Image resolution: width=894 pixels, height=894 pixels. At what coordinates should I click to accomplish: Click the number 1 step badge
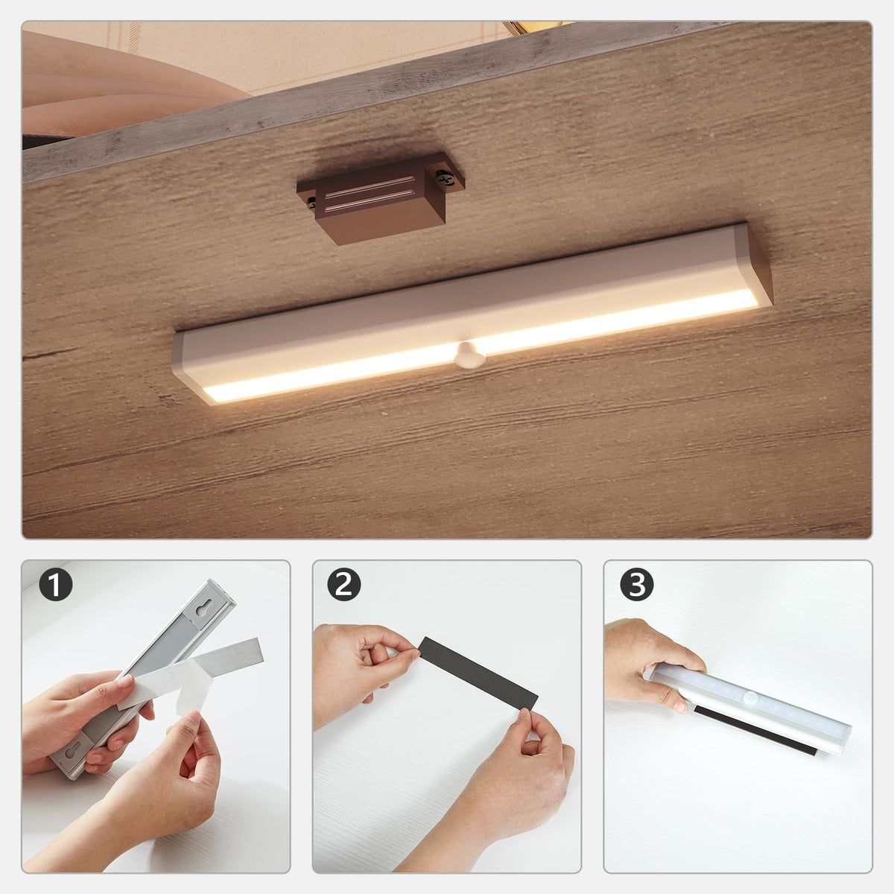[x=56, y=585]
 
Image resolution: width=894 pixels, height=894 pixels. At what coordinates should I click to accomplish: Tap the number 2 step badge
[x=344, y=585]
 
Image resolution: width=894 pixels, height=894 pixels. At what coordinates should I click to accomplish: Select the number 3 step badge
[x=637, y=585]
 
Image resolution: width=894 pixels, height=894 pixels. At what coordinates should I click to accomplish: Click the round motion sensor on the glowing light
[x=469, y=355]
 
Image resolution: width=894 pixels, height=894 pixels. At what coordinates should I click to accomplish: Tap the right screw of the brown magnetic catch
[x=445, y=177]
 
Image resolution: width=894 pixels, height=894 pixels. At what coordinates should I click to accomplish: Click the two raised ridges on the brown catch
[x=369, y=194]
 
